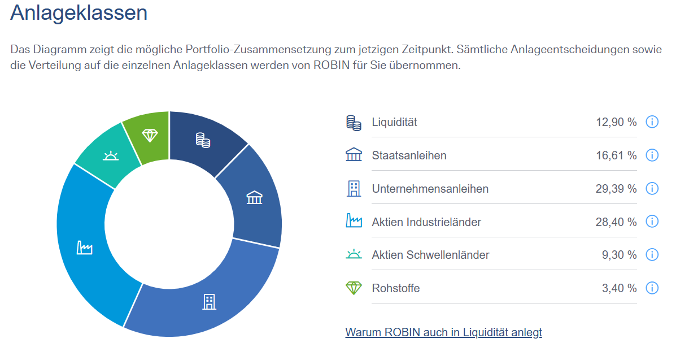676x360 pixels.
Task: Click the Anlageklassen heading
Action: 78,12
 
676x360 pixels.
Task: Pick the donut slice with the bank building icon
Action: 254,198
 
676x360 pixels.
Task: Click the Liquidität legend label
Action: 394,122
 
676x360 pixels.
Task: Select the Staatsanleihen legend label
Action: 409,155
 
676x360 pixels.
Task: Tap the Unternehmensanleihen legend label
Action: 430,188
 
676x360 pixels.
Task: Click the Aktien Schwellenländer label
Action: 430,255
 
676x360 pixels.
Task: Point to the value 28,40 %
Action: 616,222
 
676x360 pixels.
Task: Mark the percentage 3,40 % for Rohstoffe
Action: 619,288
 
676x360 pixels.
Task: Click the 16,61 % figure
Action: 616,155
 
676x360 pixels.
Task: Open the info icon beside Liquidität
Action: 652,122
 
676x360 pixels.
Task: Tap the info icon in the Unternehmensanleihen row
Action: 652,188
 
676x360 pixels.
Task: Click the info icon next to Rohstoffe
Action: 652,288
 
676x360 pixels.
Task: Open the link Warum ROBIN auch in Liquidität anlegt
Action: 443,332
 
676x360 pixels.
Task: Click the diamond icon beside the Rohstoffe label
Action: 354,288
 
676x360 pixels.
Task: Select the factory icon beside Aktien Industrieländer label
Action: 354,221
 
